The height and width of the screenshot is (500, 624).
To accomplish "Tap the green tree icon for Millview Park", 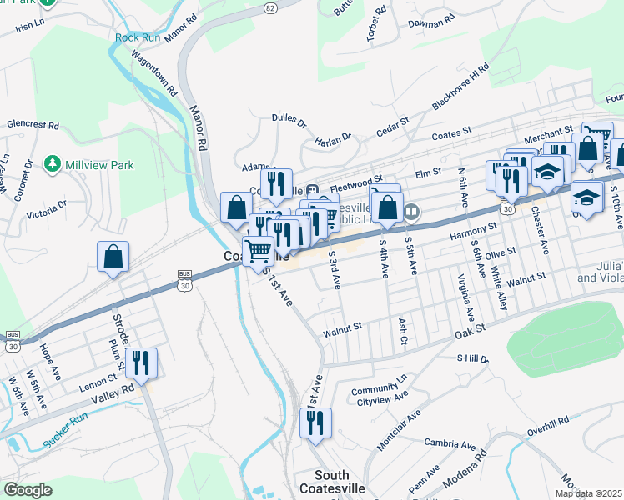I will (x=53, y=162).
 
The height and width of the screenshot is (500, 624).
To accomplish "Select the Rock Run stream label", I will (x=138, y=37).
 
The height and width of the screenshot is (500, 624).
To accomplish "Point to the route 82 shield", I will (x=270, y=7).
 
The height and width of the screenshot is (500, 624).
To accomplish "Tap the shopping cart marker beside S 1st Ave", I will (x=258, y=250).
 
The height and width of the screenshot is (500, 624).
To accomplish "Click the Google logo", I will (x=28, y=490).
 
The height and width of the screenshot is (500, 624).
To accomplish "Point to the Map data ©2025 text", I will (x=587, y=493).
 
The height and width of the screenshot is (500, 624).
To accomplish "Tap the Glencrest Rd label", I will (x=33, y=125).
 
